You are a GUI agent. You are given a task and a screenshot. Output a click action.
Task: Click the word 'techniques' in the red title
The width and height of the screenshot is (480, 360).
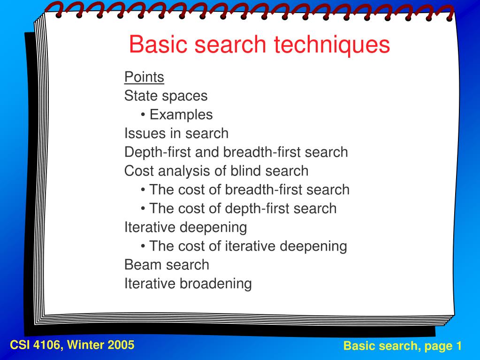(x=332, y=45)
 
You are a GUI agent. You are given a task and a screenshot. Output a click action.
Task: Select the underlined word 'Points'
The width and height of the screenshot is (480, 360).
(x=144, y=77)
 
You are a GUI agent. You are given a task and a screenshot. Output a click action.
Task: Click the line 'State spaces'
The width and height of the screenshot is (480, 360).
(x=166, y=96)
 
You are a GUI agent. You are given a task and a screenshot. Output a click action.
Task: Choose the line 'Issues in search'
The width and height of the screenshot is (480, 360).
(x=176, y=133)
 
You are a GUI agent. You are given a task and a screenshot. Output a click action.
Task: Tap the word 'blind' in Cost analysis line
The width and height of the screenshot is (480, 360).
(x=245, y=171)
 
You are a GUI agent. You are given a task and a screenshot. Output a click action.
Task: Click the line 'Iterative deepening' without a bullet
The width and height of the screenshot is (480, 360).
(x=185, y=227)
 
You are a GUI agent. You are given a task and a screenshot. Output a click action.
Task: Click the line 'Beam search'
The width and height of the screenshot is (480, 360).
(x=167, y=265)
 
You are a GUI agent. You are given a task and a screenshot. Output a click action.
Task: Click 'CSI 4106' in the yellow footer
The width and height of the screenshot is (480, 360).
(x=36, y=345)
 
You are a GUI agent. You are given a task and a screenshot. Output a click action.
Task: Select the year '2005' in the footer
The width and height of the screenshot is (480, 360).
(x=121, y=345)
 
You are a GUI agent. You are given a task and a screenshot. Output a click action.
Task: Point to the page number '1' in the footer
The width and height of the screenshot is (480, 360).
(x=458, y=346)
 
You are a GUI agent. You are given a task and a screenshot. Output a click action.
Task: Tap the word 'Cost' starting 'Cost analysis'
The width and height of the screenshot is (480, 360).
(x=137, y=171)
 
